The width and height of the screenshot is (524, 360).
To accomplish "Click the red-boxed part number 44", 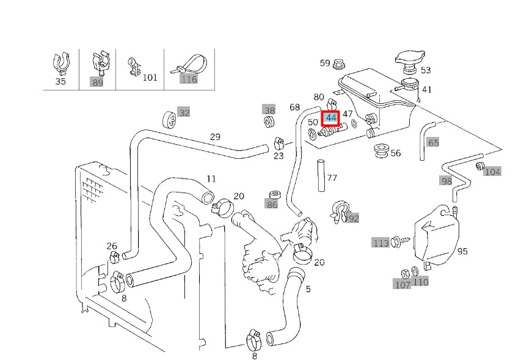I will [331, 117].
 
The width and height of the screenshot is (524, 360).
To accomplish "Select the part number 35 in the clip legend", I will [60, 81].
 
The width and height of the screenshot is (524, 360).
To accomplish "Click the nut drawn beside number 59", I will [340, 63].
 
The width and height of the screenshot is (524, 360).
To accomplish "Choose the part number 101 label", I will [150, 78].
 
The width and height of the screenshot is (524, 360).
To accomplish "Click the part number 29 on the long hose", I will [215, 137].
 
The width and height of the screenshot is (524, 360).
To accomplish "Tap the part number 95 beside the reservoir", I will [462, 251].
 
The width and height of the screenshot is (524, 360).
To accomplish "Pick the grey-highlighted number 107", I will [402, 284].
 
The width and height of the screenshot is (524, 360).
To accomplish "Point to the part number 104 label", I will [492, 172].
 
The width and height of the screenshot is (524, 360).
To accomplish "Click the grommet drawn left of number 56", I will [381, 150].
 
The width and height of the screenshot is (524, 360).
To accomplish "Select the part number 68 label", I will [294, 108].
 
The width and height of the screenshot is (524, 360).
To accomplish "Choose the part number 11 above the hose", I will [211, 179].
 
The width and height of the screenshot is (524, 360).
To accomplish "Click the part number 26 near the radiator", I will [112, 246].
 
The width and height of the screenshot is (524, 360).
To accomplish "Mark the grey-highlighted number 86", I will [272, 204].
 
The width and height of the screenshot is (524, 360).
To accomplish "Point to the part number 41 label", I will [426, 90].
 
